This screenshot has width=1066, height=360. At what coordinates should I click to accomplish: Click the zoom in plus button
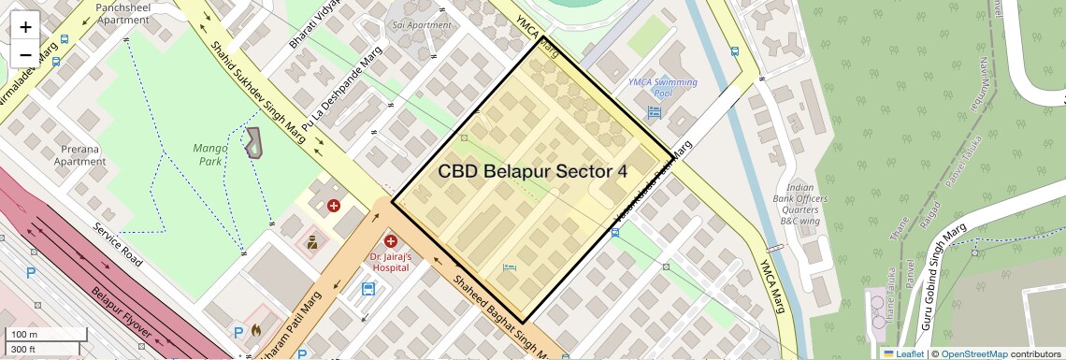click(x=25, y=27)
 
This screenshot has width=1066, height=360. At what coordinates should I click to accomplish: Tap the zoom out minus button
click(x=25, y=54)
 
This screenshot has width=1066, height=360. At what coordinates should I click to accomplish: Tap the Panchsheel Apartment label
click(x=122, y=13)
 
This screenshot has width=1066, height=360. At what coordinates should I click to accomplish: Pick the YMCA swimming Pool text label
click(x=663, y=88)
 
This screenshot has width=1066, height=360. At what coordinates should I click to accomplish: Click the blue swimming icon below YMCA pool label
click(x=654, y=112)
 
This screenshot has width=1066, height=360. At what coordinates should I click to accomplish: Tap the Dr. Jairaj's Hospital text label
click(x=390, y=262)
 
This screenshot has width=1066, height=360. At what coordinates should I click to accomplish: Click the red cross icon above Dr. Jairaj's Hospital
click(x=391, y=242)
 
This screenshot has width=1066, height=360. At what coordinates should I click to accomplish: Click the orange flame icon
click(x=254, y=331)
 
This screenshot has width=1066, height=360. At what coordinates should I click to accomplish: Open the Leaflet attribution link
click(x=904, y=353)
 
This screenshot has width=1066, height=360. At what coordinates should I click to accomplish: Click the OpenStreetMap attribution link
click(x=973, y=353)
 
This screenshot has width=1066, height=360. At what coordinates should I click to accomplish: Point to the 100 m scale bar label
click(x=24, y=335)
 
